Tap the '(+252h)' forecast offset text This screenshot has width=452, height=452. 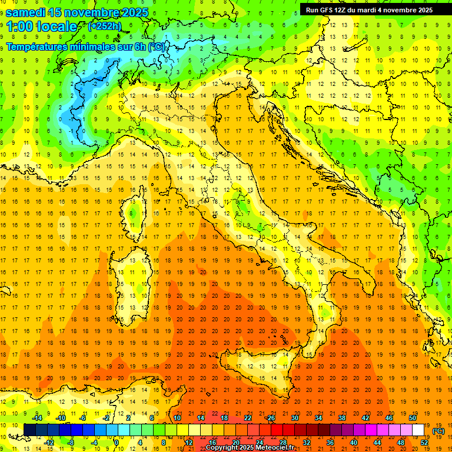click(x=104, y=26)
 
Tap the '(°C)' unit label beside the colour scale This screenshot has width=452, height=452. click(x=438, y=430)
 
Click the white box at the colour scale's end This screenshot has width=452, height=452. click(x=418, y=430)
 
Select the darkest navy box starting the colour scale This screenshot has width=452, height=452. click(x=29, y=430)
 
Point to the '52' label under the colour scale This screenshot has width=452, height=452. click(x=424, y=443)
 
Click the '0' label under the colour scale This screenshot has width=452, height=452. click(x=116, y=443)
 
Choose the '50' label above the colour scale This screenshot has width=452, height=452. click(x=413, y=418)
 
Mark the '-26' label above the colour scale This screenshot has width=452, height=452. click(x=270, y=418)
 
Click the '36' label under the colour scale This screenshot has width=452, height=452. click(x=331, y=443)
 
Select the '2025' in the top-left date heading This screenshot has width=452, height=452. click(x=133, y=12)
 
